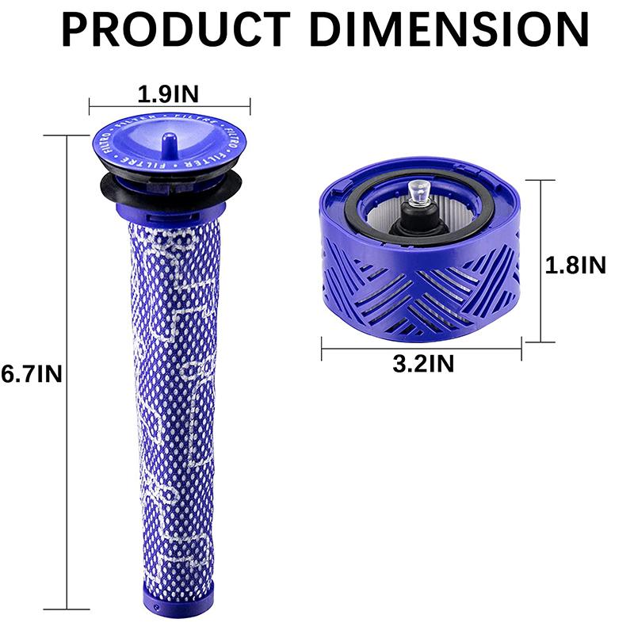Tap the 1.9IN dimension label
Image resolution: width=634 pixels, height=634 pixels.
(x=168, y=94)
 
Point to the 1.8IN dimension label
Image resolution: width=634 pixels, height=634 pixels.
(x=575, y=265)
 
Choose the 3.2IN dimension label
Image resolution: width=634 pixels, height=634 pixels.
(x=423, y=364)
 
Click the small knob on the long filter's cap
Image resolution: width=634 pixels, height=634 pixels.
(x=169, y=141)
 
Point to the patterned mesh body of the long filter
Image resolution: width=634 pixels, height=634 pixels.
(x=168, y=396)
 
